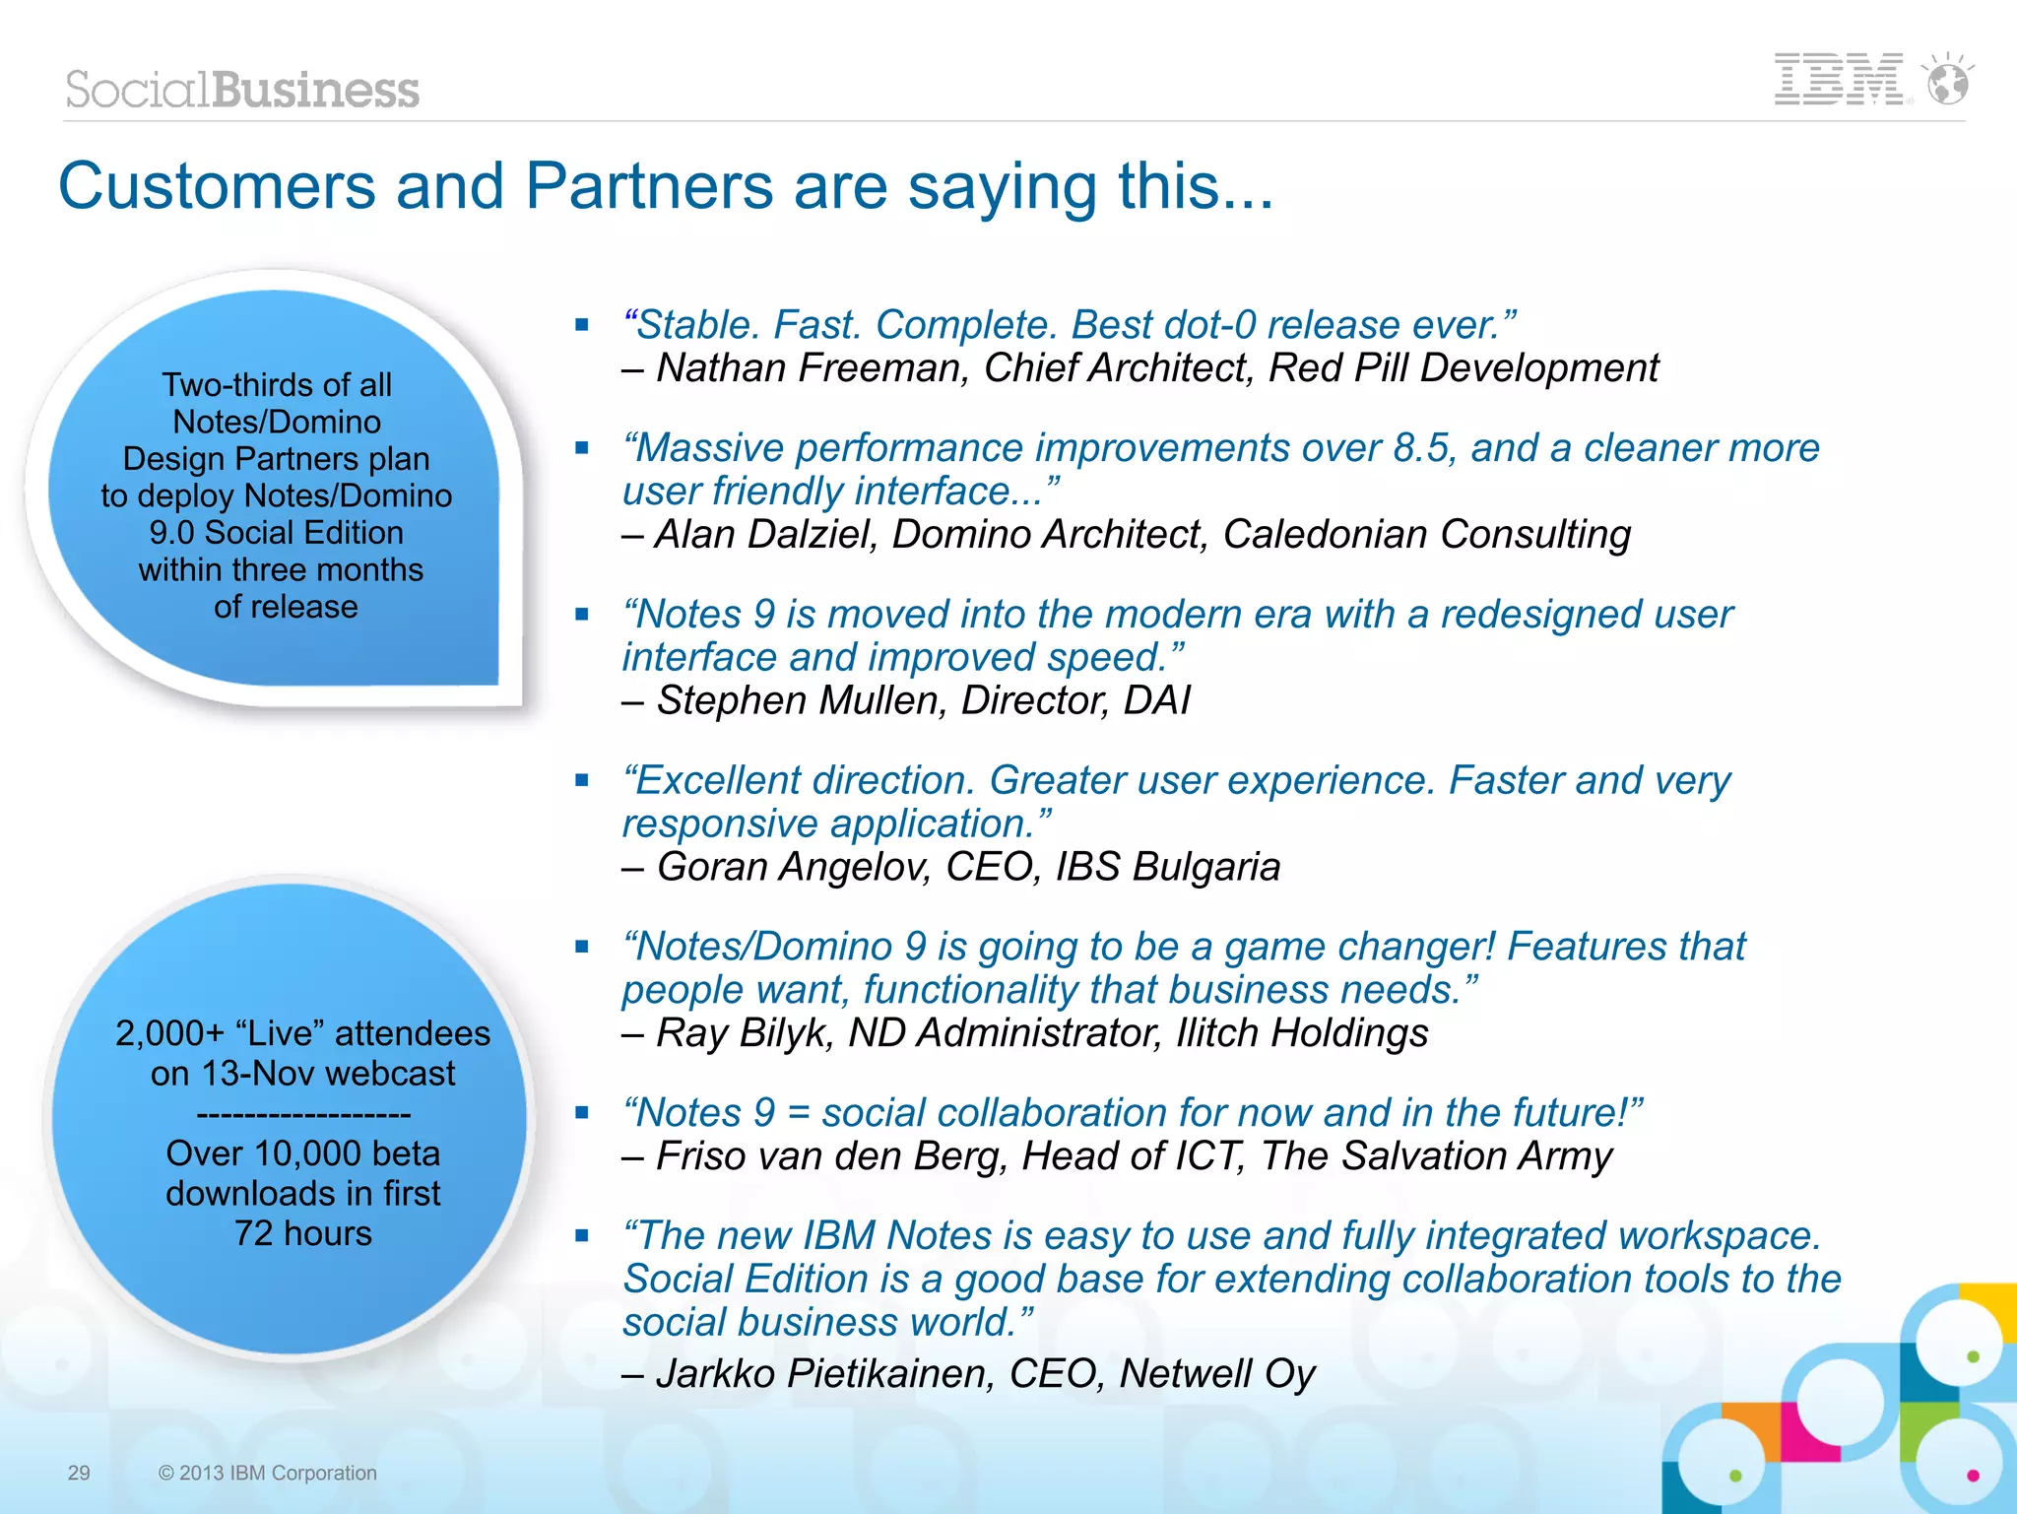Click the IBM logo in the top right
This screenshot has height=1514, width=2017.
[x=1838, y=80]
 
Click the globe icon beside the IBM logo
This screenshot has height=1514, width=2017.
[x=1948, y=81]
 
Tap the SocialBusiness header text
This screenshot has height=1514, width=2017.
[x=242, y=90]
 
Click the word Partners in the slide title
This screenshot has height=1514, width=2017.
[x=649, y=186]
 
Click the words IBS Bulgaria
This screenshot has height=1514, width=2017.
[x=1168, y=867]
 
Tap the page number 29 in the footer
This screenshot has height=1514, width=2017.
[x=79, y=1473]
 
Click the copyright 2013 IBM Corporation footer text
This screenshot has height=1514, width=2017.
[x=268, y=1473]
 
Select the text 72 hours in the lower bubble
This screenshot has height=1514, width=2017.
[x=303, y=1233]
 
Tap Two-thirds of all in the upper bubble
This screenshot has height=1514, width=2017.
[x=277, y=385]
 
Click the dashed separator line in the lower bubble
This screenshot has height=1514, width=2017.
[x=303, y=1114]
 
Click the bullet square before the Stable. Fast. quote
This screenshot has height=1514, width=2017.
[x=582, y=324]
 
